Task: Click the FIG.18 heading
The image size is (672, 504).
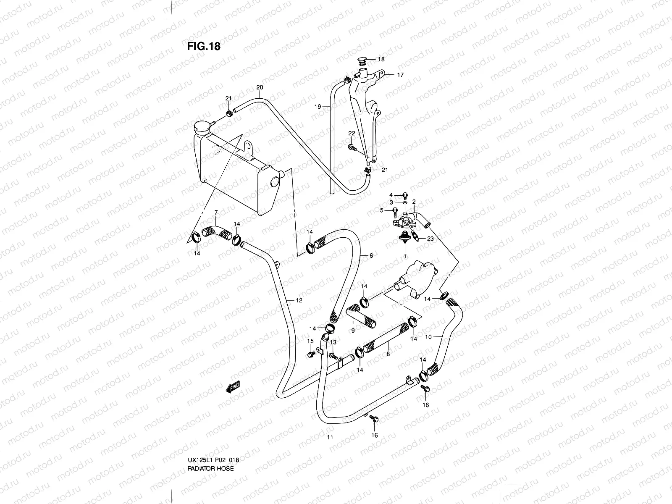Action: click(x=203, y=46)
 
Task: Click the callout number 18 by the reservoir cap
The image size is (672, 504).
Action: click(x=381, y=60)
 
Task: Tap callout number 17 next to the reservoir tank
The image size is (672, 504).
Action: click(x=400, y=75)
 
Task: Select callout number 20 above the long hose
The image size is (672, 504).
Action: click(x=260, y=87)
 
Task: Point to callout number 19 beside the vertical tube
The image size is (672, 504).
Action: click(x=318, y=107)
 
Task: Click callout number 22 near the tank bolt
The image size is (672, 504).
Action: click(x=352, y=134)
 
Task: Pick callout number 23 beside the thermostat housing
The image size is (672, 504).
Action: click(x=430, y=238)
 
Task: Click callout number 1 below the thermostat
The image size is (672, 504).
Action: click(x=404, y=256)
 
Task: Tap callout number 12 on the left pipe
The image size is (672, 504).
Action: click(x=299, y=300)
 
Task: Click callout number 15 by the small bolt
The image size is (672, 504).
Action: click(x=310, y=341)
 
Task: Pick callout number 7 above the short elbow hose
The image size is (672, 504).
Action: click(x=216, y=212)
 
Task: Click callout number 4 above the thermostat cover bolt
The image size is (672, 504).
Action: click(x=391, y=195)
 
